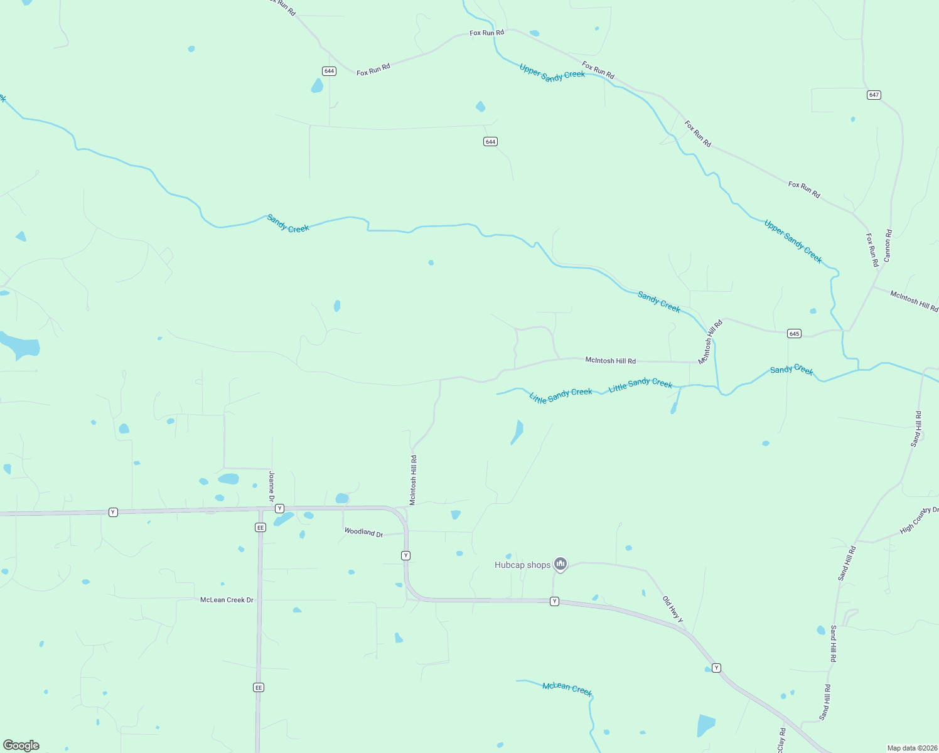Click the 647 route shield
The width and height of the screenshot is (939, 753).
874,95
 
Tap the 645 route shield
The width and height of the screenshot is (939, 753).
794,333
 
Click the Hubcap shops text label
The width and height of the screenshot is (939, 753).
522,565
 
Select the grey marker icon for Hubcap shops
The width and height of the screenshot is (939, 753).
561,564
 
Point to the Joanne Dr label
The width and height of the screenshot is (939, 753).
272,486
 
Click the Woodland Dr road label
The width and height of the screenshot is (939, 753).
363,532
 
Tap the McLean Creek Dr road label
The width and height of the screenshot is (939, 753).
227,600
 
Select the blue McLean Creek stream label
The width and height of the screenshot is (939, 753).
567,688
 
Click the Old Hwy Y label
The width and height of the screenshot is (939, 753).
673,609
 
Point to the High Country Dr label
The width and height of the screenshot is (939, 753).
919,520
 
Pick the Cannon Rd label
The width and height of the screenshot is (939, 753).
888,246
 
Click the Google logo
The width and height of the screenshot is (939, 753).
21,745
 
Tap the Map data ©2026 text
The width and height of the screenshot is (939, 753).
911,748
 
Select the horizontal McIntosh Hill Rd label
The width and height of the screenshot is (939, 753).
610,361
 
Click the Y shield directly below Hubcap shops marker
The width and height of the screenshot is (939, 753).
554,601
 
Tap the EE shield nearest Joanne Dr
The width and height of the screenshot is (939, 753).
260,527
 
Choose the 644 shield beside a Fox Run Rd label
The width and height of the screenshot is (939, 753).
329,71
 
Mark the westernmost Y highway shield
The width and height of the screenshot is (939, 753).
113,512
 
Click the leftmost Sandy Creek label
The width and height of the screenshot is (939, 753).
288,223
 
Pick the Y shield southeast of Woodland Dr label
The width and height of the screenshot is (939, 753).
406,555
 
